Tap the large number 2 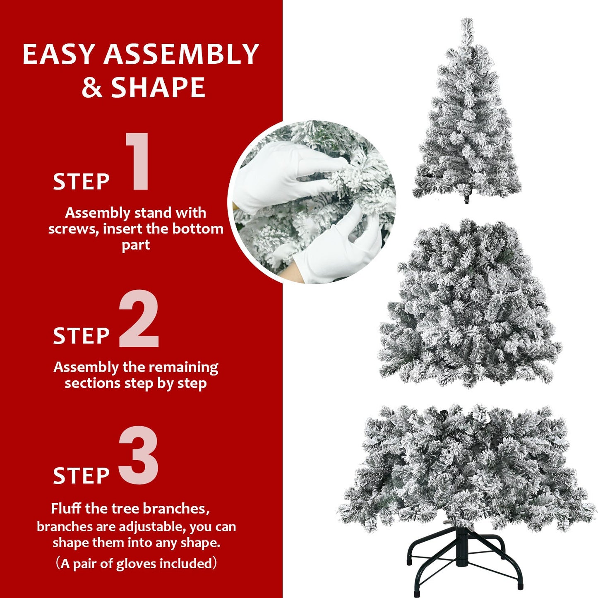(x=139, y=319)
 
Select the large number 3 (x=139, y=455)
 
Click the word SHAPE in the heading (x=158, y=87)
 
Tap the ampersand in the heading (x=92, y=87)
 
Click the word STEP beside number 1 (x=81, y=182)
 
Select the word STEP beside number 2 (x=81, y=336)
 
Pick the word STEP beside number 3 (x=81, y=476)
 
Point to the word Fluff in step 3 (x=66, y=509)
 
